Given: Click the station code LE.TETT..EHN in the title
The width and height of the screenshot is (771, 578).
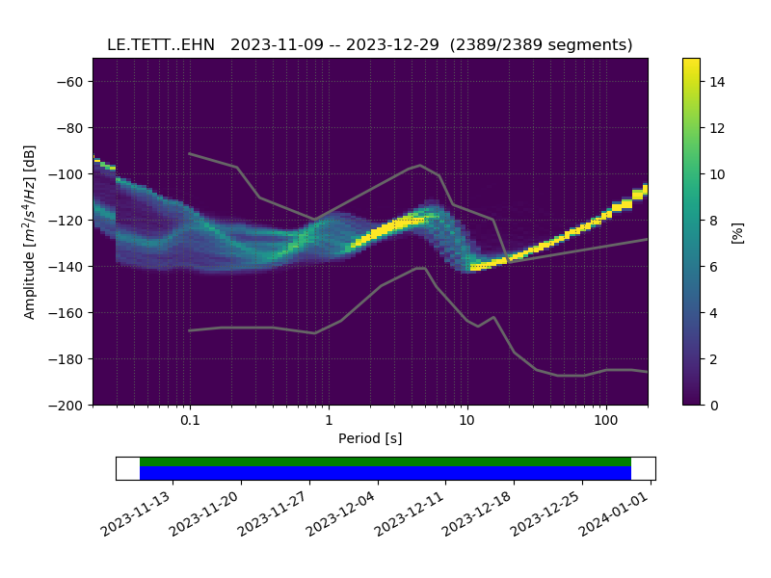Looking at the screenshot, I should [x=161, y=45].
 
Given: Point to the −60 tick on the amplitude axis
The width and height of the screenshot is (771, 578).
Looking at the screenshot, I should [x=73, y=82].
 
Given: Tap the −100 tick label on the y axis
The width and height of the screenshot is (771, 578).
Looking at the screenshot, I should [x=69, y=174].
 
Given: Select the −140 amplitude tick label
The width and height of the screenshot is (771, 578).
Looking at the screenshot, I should [x=69, y=267].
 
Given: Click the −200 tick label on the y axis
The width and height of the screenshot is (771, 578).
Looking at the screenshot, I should [x=69, y=406].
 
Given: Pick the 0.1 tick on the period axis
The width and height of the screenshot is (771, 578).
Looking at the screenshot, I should [x=190, y=421].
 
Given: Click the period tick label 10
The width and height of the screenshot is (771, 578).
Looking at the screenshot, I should [x=466, y=421].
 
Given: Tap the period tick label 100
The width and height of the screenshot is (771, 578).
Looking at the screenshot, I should [x=605, y=421].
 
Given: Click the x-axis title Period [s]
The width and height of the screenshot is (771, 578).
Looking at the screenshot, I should [x=370, y=439].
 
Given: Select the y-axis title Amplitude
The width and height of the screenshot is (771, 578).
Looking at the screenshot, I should [x=30, y=231].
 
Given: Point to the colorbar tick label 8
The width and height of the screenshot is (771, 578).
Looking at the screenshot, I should [x=713, y=221].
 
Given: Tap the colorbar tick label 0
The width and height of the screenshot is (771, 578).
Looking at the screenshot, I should [x=713, y=406].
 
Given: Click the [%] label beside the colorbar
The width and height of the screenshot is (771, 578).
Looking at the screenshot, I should [x=738, y=232].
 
